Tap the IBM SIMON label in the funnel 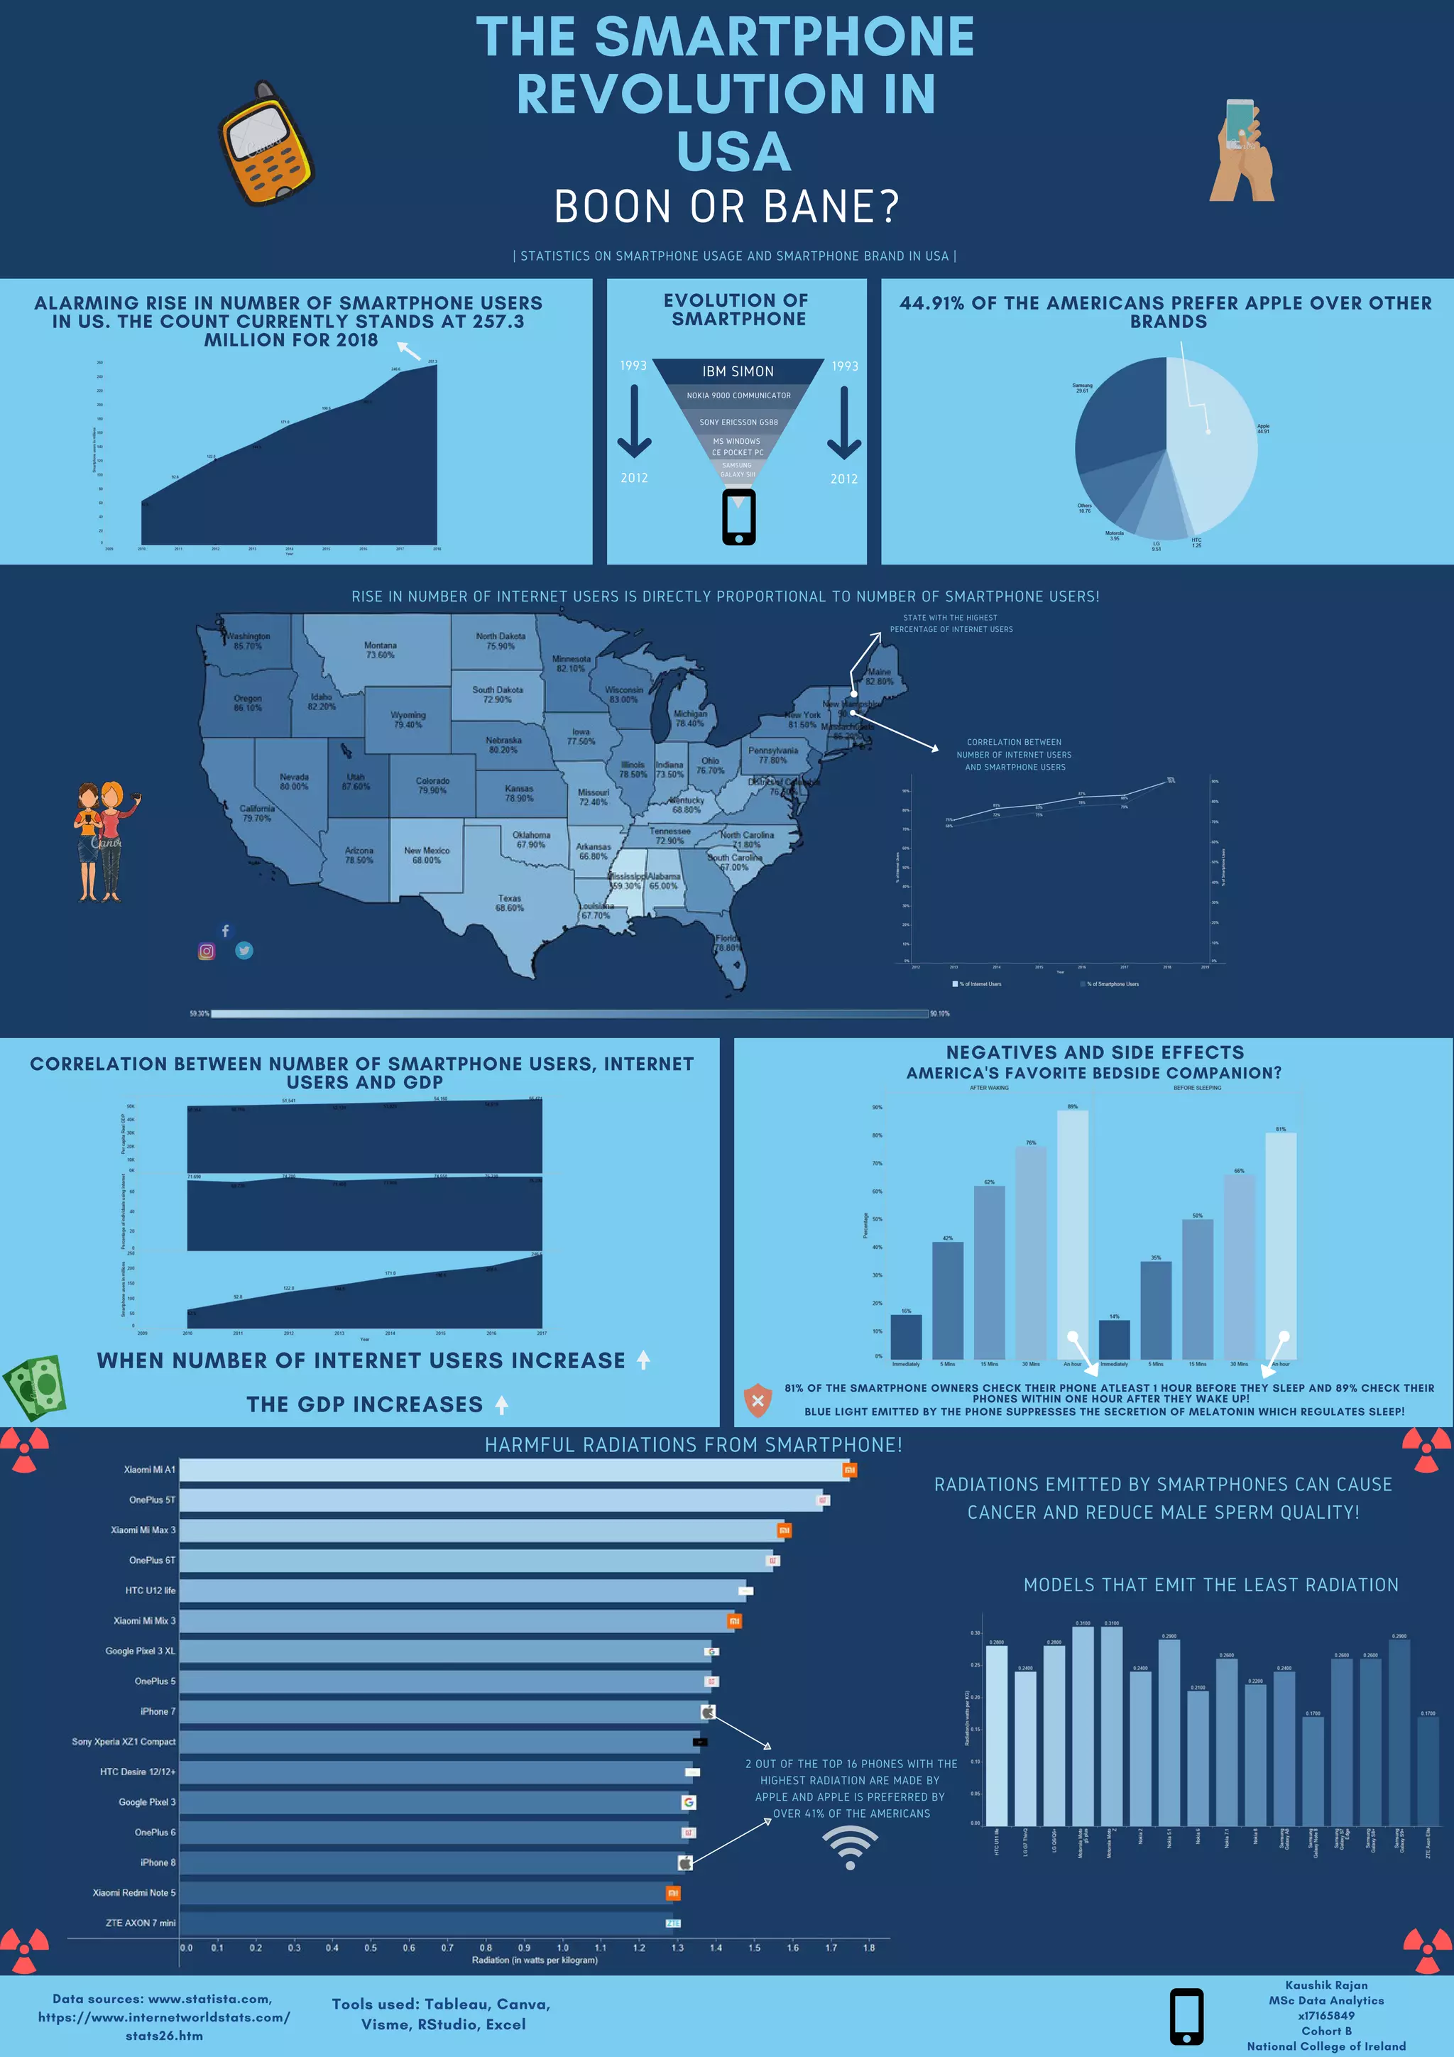click(738, 371)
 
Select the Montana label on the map click(380, 650)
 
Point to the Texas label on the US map click(509, 902)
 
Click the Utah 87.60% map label click(356, 781)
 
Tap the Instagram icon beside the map click(206, 951)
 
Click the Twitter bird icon click(244, 951)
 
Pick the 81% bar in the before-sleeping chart click(1280, 1245)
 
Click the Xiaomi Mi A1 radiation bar click(515, 1471)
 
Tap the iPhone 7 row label click(158, 1711)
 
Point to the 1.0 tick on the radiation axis click(562, 1948)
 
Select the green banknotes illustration click(35, 1387)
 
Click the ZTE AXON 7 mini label click(141, 1923)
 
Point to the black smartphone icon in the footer click(1186, 2016)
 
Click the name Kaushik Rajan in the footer click(1326, 1985)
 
